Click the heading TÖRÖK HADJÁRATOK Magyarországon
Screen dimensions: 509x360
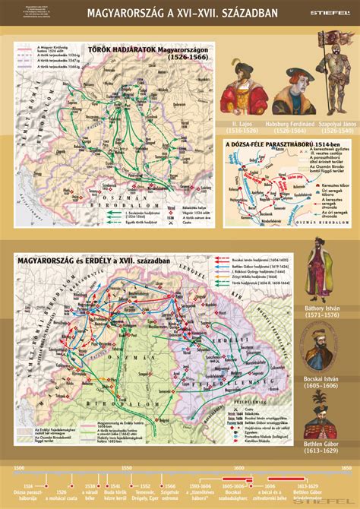148,51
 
